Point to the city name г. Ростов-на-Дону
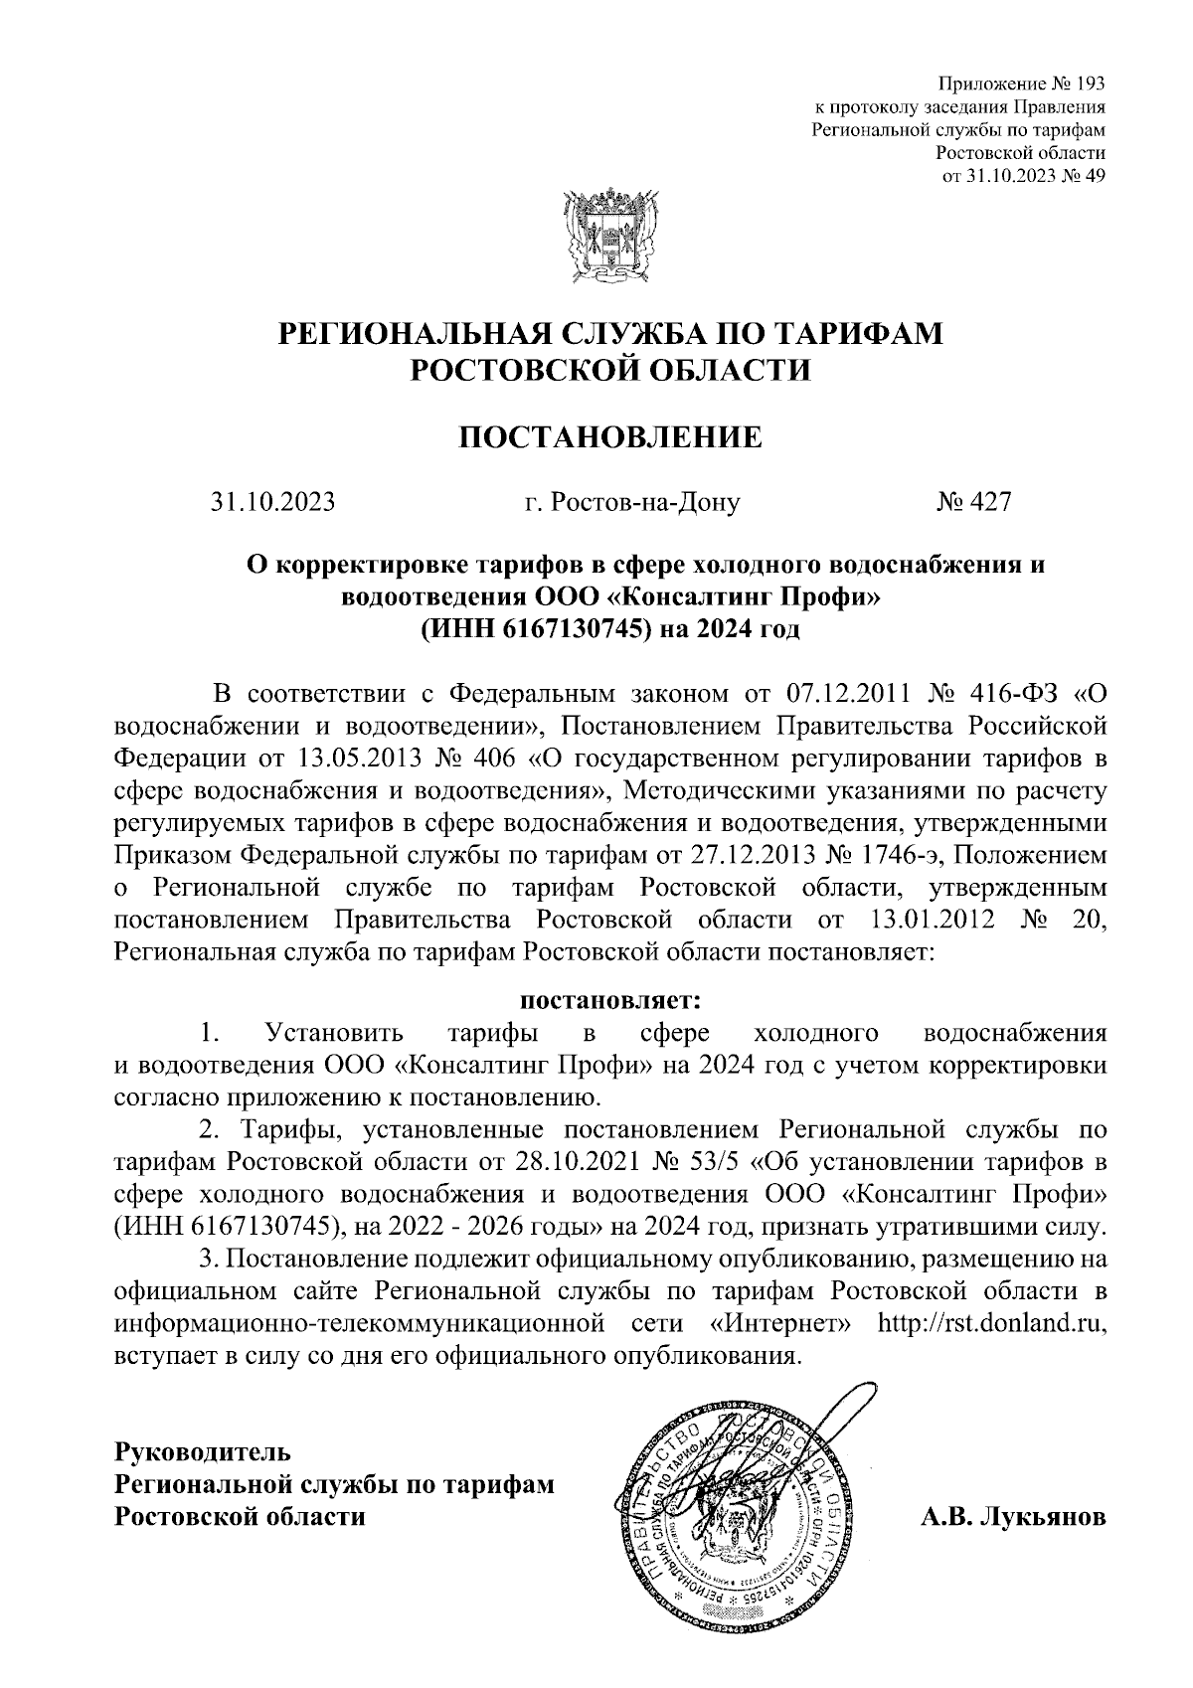click(x=632, y=502)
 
